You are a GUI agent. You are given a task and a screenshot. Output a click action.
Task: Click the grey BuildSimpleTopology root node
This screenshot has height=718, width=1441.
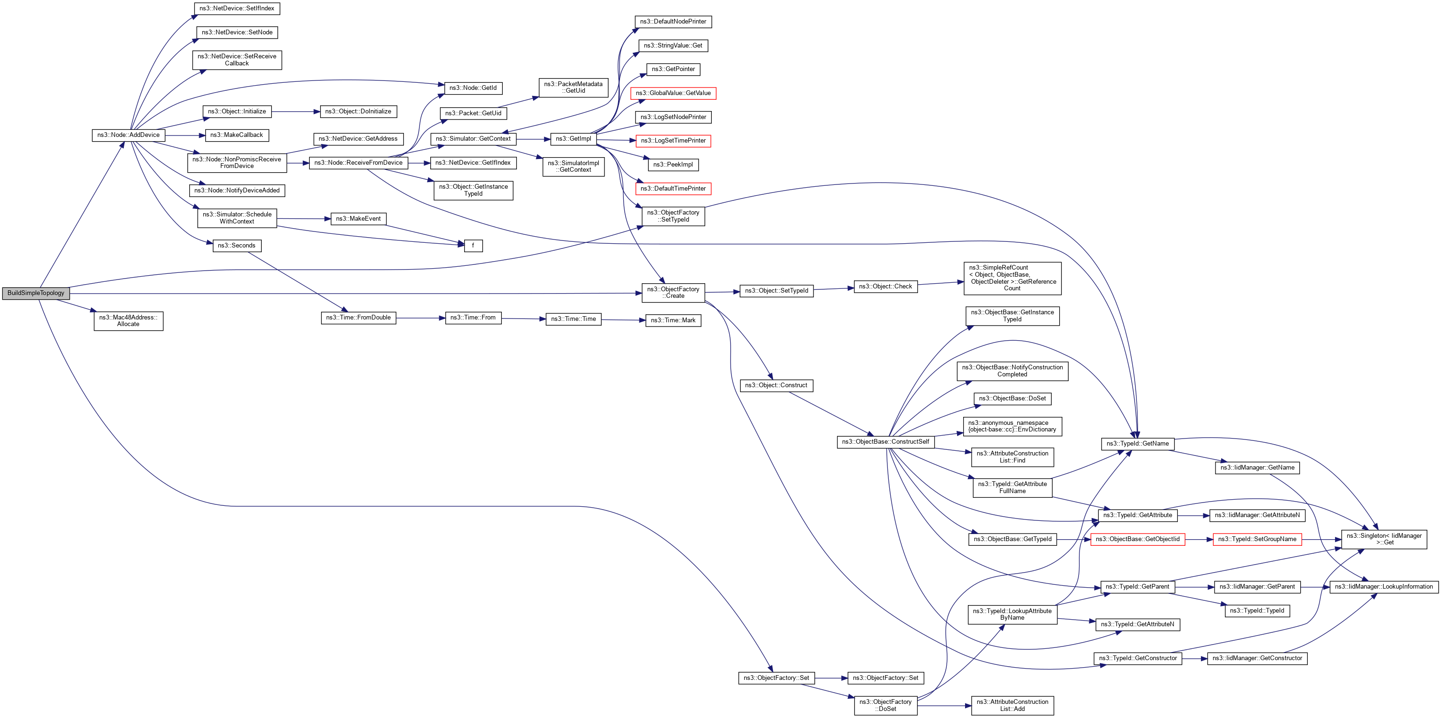click(x=36, y=293)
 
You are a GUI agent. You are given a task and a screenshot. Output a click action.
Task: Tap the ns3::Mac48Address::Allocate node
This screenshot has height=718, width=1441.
click(x=128, y=321)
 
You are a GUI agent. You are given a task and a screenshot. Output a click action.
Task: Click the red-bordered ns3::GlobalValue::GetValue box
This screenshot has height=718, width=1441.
click(x=673, y=93)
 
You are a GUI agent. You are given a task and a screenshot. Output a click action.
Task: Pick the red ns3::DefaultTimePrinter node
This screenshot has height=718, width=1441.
click(x=673, y=189)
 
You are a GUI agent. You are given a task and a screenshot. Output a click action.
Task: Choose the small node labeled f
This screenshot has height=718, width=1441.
click(x=473, y=246)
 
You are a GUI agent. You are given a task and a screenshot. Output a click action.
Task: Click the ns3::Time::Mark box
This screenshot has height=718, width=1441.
click(x=673, y=320)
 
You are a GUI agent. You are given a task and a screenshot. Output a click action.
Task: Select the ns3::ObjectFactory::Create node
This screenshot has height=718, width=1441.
click(x=673, y=293)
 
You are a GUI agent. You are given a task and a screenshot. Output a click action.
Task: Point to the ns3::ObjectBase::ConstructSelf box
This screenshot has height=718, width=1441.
click(x=885, y=442)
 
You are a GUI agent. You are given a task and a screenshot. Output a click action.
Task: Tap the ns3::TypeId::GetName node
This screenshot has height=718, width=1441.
click(x=1137, y=443)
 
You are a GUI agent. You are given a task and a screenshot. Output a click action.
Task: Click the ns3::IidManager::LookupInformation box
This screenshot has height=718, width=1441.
click(x=1384, y=587)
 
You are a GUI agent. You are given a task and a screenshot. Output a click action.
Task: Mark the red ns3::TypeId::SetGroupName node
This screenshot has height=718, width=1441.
click(x=1257, y=539)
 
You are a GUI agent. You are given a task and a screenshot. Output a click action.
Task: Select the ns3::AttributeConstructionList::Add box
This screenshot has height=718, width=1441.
click(x=1012, y=705)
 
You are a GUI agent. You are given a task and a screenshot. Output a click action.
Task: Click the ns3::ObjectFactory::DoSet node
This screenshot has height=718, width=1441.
click(x=886, y=705)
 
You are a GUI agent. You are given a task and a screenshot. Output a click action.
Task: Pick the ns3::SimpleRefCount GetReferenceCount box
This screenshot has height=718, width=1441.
click(x=1012, y=278)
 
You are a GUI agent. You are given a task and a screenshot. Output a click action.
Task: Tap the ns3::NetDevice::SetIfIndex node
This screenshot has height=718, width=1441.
click(x=237, y=8)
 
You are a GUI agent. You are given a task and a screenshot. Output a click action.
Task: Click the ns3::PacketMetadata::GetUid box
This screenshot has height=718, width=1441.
click(x=573, y=87)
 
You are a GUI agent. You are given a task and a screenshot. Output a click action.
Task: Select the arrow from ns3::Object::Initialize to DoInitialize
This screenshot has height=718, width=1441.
click(x=295, y=112)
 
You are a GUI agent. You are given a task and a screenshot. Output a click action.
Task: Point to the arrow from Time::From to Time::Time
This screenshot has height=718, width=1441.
click(x=523, y=319)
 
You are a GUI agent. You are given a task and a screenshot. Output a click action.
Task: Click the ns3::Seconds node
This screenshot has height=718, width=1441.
click(x=237, y=246)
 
